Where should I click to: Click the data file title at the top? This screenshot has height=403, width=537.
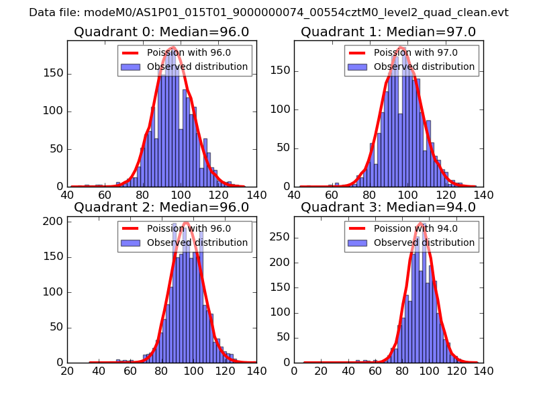click(x=268, y=13)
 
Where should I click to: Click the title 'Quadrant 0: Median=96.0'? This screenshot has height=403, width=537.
click(x=161, y=32)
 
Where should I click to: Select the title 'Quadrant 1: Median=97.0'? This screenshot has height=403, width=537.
click(x=388, y=32)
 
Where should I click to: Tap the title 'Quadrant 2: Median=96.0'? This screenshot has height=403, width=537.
click(x=161, y=208)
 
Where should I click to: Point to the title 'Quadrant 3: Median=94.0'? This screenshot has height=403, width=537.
click(x=388, y=208)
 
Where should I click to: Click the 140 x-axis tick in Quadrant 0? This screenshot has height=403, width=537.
click(x=256, y=195)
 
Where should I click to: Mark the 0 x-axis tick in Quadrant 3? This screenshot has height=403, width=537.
click(x=294, y=370)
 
